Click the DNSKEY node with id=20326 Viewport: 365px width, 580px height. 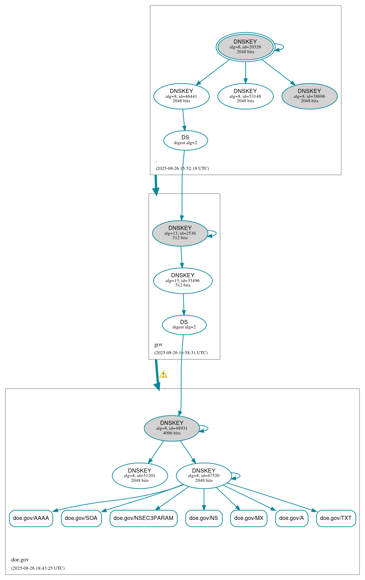245,47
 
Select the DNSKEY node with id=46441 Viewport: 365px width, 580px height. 181,96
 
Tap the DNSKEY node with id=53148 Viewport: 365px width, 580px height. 245,96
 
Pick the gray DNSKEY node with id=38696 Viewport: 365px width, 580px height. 309,96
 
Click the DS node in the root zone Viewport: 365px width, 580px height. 186,140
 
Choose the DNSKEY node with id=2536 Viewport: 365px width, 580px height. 180,233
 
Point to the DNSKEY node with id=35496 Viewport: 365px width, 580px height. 183,281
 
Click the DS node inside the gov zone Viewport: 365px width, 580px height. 184,325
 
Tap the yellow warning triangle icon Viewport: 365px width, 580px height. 163,374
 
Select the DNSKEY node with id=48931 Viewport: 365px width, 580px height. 172,428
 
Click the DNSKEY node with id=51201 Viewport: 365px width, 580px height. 140,476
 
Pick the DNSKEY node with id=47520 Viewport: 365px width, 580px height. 204,476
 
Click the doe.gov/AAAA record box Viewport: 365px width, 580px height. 31,518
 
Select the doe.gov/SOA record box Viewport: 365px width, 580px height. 81,518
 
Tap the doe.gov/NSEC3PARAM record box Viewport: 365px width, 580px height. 143,518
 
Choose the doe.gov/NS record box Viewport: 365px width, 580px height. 204,518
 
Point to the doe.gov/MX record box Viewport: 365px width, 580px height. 249,518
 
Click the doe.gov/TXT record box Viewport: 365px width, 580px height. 336,518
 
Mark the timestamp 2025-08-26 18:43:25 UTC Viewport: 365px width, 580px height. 38,568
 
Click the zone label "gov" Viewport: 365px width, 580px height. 158,345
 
